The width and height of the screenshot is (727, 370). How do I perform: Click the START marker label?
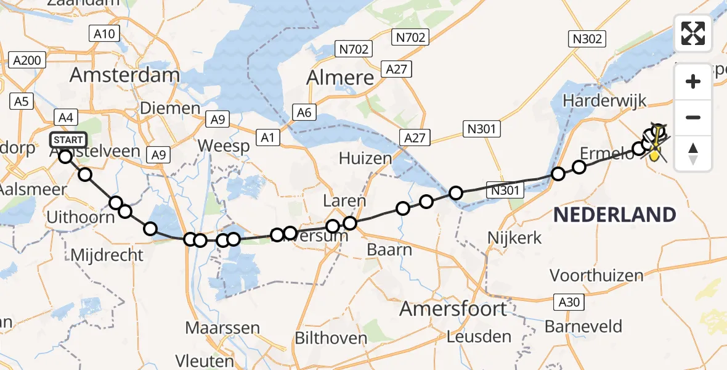click(69, 139)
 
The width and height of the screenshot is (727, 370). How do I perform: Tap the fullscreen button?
click(693, 33)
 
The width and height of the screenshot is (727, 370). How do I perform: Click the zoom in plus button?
click(693, 81)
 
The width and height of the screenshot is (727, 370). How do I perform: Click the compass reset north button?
click(693, 153)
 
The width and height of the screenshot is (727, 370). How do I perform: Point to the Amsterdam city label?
click(124, 75)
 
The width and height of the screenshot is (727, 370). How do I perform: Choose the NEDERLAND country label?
click(614, 215)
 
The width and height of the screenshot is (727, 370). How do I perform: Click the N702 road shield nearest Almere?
click(354, 48)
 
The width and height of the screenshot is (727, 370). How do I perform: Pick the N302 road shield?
click(587, 39)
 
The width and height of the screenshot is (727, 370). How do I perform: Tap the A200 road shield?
click(28, 60)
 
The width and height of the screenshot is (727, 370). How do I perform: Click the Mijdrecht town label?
click(107, 255)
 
